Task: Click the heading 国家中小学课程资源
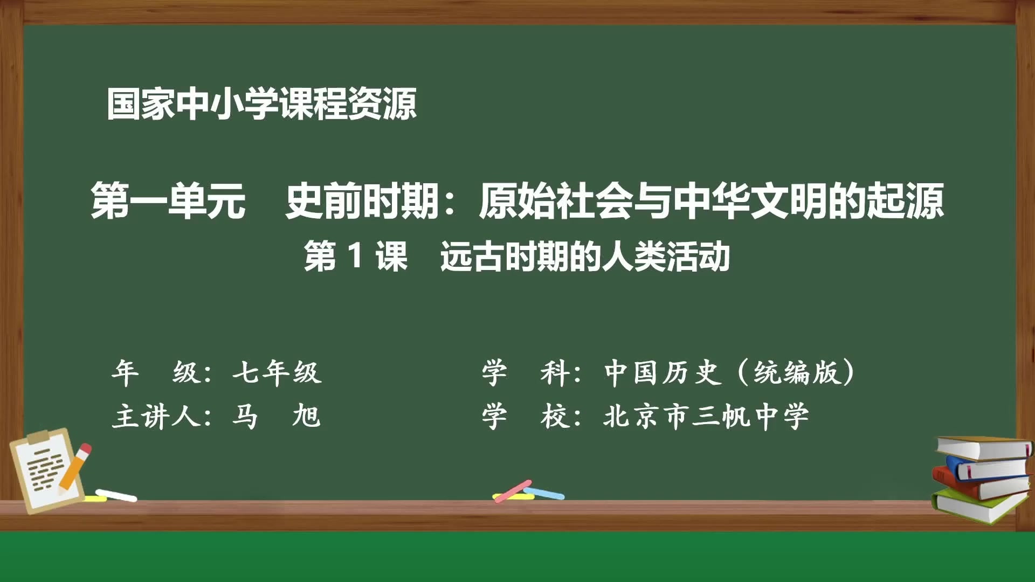click(261, 104)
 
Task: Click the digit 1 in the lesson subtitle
click(355, 256)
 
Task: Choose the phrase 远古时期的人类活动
click(585, 257)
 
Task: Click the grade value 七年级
click(277, 372)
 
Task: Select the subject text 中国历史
click(662, 372)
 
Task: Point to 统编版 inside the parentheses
click(797, 372)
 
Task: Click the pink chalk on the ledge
click(512, 490)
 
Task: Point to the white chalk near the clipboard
click(116, 495)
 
